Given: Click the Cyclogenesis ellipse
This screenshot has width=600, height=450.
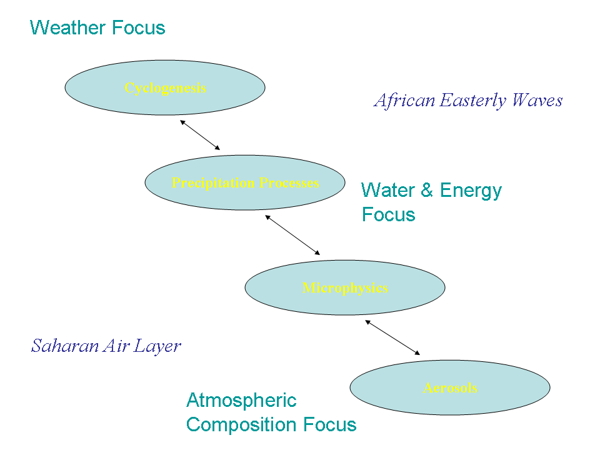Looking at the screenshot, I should click(x=165, y=87).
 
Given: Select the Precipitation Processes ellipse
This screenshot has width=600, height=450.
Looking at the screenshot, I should click(x=245, y=182).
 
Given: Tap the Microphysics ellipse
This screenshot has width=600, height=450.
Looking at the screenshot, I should click(x=345, y=287).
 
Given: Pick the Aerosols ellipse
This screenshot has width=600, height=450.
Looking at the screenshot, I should click(x=450, y=387).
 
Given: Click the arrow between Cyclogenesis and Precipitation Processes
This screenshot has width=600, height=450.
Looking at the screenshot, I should click(x=200, y=135).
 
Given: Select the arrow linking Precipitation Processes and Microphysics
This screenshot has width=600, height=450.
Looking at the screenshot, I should click(x=292, y=235).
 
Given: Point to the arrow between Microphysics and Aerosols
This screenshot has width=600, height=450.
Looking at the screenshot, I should click(x=392, y=338).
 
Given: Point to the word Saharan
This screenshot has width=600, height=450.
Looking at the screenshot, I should click(x=60, y=346).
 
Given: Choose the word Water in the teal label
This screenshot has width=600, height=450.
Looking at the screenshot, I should click(x=388, y=190).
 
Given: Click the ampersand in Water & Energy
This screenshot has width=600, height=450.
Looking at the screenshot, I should click(x=427, y=190).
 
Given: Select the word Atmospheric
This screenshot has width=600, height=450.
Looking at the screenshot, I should click(x=241, y=400).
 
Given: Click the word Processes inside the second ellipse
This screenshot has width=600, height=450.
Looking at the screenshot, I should click(x=289, y=183).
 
